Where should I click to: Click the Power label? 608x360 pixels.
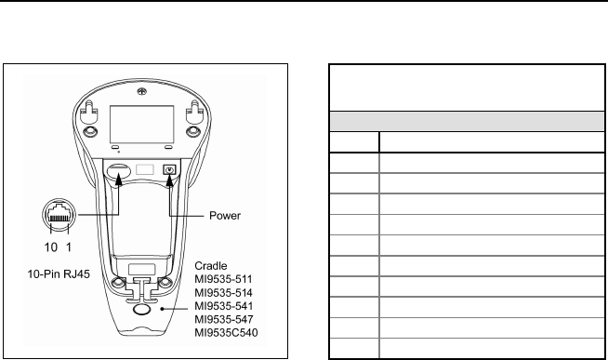[225, 216]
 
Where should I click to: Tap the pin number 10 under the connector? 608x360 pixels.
[51, 247]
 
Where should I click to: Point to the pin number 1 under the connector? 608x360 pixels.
[69, 247]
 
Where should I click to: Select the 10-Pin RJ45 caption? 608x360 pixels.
[59, 274]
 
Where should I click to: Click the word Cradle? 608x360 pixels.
[210, 266]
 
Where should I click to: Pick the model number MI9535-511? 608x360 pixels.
[223, 279]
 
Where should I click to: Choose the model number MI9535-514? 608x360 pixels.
[223, 293]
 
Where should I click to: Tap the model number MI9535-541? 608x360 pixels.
[224, 306]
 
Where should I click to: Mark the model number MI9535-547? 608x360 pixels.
[224, 320]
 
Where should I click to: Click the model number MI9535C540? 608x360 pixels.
[226, 333]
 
